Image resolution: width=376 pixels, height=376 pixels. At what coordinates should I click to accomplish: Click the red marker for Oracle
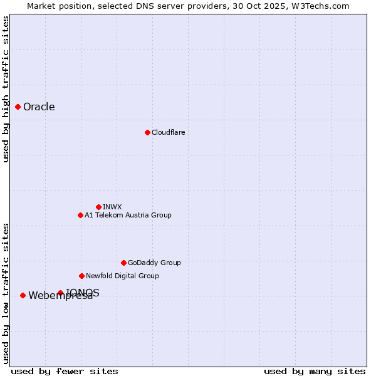(x=18, y=107)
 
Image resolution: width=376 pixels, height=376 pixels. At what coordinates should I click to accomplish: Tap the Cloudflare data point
(x=147, y=132)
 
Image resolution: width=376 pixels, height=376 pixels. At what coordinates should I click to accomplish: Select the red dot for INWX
(x=98, y=207)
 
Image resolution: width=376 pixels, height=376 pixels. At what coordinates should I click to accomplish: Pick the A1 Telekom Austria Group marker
(x=80, y=215)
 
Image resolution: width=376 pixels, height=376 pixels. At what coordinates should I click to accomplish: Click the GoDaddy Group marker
(x=123, y=263)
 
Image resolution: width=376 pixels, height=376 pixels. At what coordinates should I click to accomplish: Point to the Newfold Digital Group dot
(x=81, y=276)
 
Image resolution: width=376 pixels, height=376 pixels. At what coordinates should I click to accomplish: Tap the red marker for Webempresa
(x=23, y=295)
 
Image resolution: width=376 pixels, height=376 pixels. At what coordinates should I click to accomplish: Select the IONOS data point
(x=60, y=293)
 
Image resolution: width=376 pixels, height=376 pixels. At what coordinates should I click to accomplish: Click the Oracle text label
(x=39, y=107)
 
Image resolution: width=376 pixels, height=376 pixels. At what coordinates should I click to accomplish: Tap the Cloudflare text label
(x=168, y=132)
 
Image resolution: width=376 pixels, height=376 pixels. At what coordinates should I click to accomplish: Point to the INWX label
(x=112, y=207)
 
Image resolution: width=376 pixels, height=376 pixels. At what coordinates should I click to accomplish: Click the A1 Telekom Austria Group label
(x=128, y=215)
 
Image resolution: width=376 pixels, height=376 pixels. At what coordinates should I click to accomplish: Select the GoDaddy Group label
(x=154, y=263)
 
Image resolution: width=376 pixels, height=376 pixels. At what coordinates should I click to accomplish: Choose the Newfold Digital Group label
(x=122, y=276)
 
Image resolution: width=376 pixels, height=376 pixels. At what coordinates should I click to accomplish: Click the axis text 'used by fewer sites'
(x=65, y=371)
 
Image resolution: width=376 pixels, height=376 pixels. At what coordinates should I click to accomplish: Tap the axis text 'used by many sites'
(x=315, y=371)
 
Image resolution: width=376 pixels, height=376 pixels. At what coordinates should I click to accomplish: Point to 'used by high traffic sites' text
(x=6, y=89)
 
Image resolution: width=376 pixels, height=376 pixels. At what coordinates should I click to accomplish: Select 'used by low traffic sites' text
(x=6, y=293)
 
